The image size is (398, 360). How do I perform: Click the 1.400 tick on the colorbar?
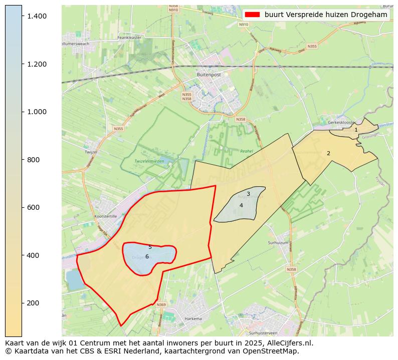coord(23,17)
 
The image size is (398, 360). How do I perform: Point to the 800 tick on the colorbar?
coord(23,160)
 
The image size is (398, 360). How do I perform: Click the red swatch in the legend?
coord(253,15)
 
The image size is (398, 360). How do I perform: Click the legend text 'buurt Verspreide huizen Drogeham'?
coord(326,15)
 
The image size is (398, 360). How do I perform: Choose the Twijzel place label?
coord(91,152)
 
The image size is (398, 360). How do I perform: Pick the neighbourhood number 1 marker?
coord(356,130)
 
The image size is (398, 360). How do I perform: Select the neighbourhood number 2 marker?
coord(328,153)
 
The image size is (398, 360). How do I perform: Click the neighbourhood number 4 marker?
coord(241,205)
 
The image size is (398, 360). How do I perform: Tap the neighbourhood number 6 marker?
coord(147,256)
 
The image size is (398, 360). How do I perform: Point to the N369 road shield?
coord(161,305)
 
